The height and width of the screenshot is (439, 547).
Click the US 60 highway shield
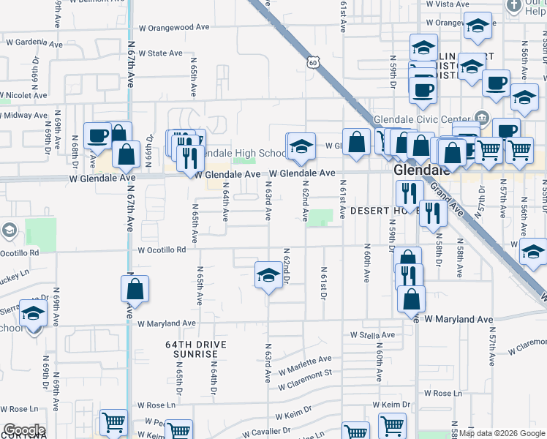point(312,63)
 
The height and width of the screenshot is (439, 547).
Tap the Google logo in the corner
point(23,430)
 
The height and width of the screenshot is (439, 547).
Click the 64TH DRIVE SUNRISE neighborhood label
point(195,349)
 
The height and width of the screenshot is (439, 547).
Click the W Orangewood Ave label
point(174,27)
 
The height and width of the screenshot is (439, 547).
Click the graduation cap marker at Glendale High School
point(301,146)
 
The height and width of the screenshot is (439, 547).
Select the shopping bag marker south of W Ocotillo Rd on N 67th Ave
point(135,289)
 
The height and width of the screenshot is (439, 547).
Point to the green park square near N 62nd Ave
point(320,217)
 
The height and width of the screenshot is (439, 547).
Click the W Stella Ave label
point(372,335)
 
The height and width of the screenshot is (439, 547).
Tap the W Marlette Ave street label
point(305,363)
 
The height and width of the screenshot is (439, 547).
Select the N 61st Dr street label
point(322,283)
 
